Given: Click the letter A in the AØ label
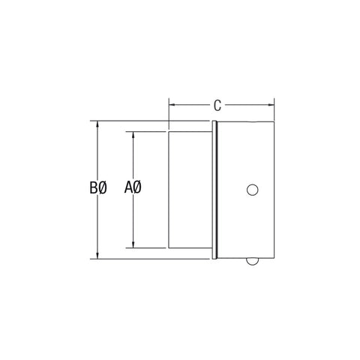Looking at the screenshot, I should click(x=128, y=189).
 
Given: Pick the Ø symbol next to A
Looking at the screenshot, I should click(x=139, y=189).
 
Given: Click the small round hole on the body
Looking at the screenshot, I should click(x=253, y=190).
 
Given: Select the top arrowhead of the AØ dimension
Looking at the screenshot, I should click(x=133, y=137).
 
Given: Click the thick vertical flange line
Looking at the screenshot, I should click(x=216, y=190).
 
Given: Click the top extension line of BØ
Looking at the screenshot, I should click(x=150, y=121).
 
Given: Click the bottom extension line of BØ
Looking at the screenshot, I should click(x=150, y=259).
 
